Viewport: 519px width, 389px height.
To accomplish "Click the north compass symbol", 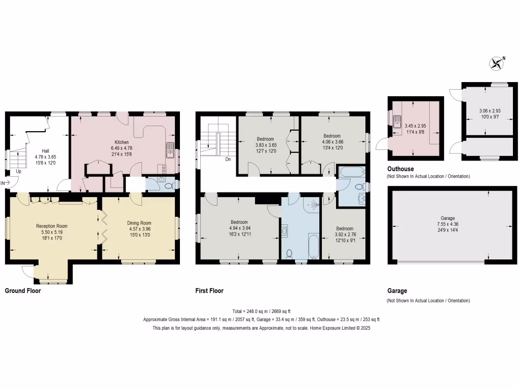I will (496, 63).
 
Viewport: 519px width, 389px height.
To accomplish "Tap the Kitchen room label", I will (121, 142).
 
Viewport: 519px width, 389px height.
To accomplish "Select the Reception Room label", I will (52, 226).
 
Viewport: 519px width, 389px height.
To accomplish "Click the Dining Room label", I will (139, 223).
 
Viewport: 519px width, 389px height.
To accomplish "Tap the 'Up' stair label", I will (19, 172).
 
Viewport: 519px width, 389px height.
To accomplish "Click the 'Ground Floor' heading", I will (23, 291).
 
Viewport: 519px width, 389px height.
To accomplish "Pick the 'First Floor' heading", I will (209, 291).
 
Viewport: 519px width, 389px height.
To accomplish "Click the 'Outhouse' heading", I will (400, 169).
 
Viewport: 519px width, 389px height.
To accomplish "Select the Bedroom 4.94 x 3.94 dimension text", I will (239, 228).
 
